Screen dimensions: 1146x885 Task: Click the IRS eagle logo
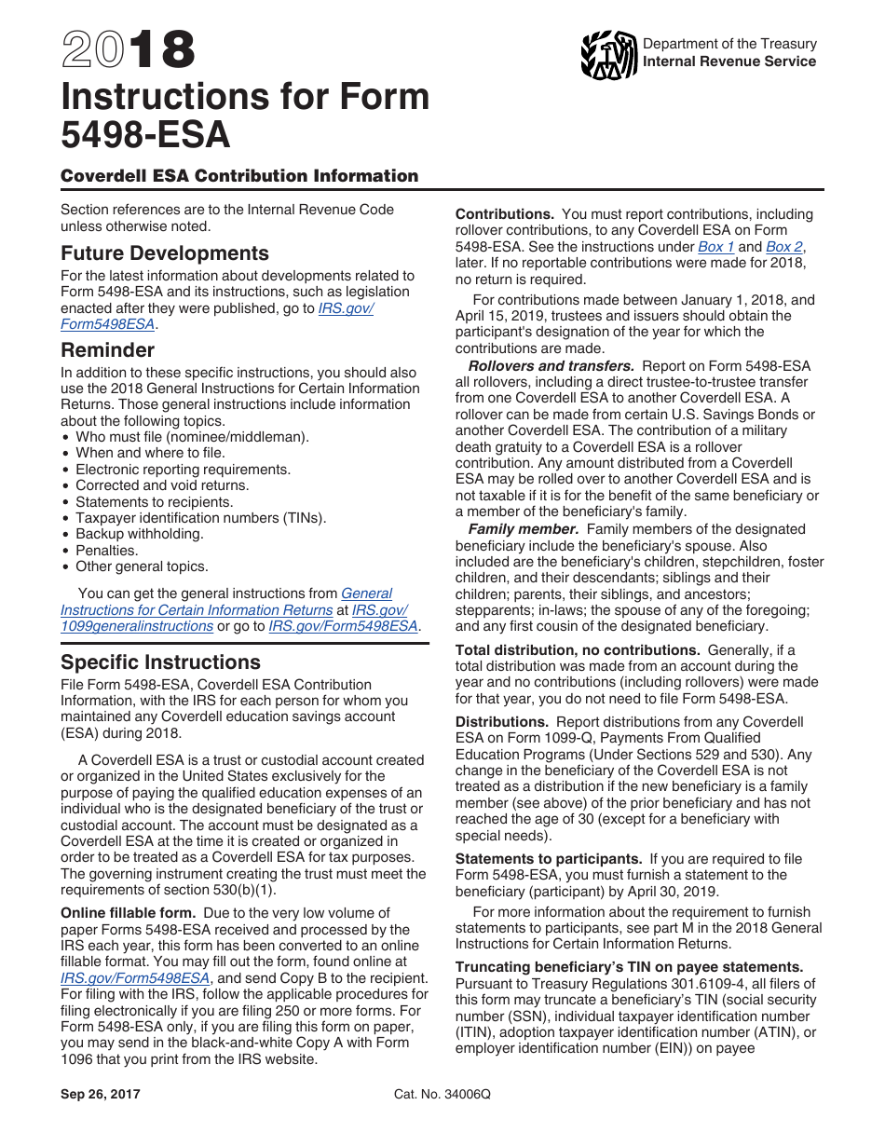coord(607,55)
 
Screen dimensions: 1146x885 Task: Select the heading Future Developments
coord(165,253)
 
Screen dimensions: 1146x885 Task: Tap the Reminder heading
coord(107,350)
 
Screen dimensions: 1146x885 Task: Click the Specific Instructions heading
coord(160,662)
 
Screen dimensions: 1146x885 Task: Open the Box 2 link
coord(783,247)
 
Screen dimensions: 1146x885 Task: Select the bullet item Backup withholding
coord(139,534)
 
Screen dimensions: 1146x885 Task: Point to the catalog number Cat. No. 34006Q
coord(442,1095)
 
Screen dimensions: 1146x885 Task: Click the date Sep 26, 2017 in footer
coord(101,1095)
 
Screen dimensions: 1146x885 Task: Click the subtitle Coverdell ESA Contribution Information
coord(239,176)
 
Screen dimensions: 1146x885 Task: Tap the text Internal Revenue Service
coord(729,61)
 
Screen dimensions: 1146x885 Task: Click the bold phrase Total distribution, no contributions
coord(578,650)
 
